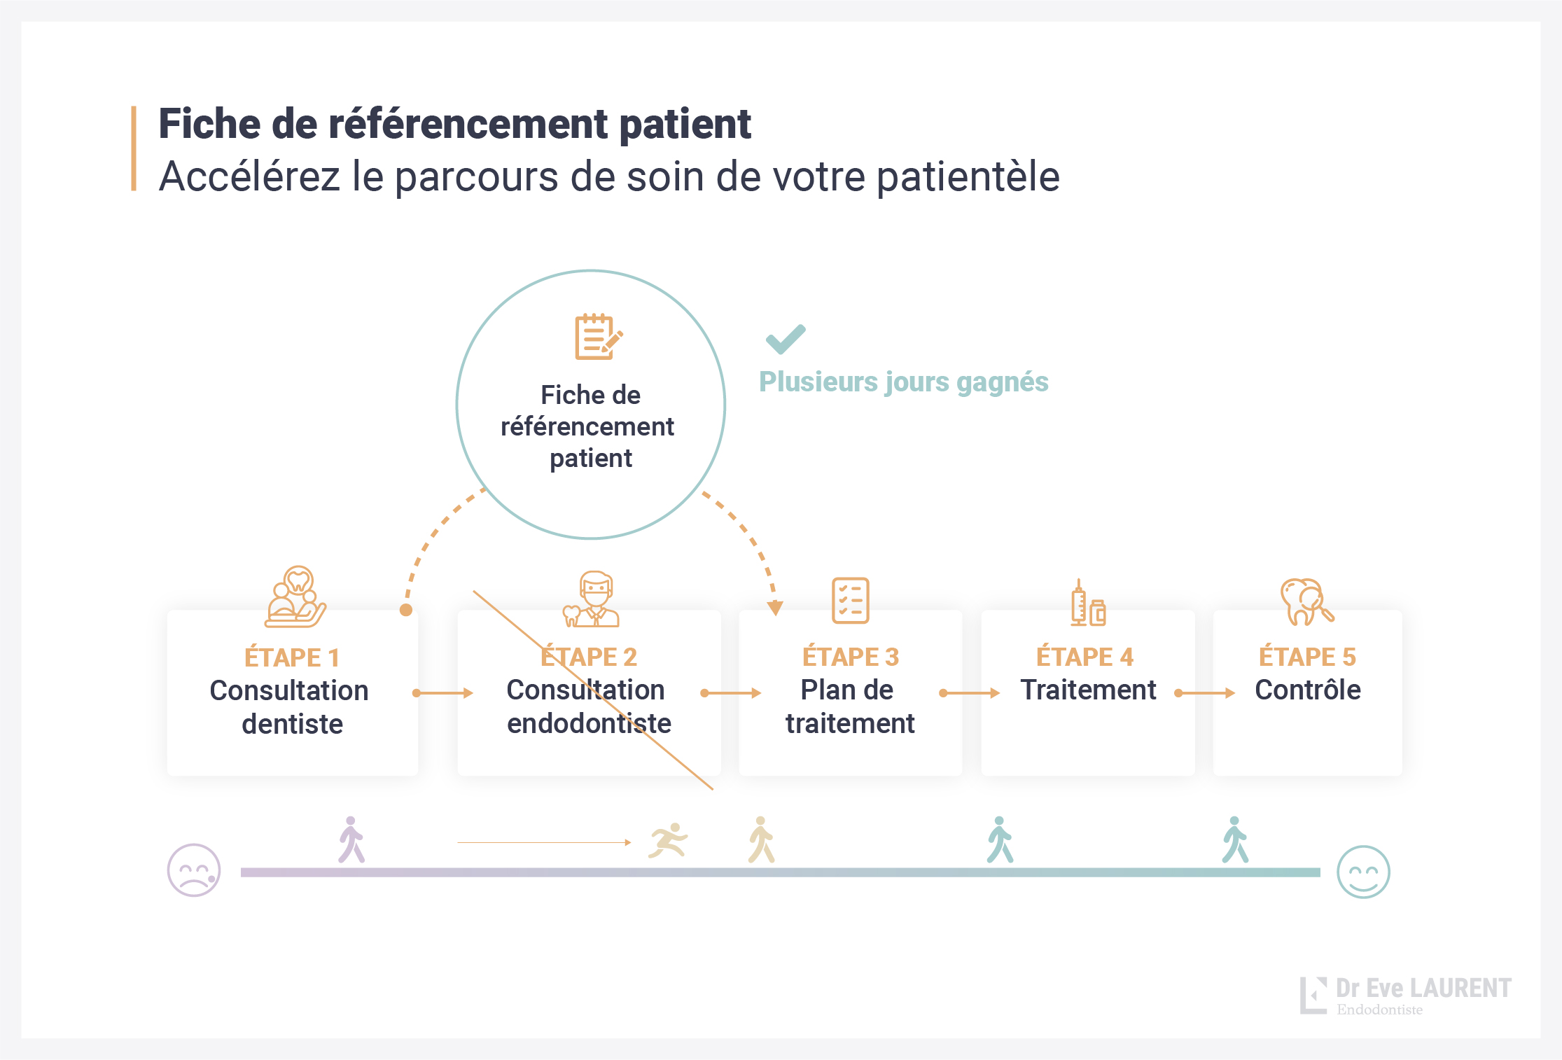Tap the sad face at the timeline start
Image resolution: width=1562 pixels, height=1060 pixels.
(x=194, y=870)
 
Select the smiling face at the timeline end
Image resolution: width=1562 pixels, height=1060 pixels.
(x=1362, y=872)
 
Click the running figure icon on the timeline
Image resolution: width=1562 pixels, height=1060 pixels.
(x=668, y=840)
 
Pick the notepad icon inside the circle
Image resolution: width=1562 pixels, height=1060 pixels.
(x=597, y=337)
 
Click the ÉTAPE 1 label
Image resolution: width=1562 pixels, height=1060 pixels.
(x=292, y=658)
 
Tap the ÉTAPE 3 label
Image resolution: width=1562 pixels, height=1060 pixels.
(x=850, y=657)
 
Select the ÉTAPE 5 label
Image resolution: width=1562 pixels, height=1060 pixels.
(x=1307, y=657)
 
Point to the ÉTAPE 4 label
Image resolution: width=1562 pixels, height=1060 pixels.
(x=1085, y=657)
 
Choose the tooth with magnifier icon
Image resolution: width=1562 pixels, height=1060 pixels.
(x=1306, y=601)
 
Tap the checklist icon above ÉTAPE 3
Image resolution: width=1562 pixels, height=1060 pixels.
(x=850, y=601)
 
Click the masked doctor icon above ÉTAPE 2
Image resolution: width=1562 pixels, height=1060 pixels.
(x=593, y=599)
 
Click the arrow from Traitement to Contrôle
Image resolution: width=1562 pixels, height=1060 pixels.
(x=1204, y=693)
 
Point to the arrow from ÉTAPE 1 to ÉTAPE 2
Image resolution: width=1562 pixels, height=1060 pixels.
(x=443, y=693)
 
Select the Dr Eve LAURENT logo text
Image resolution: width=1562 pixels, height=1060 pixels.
(x=1423, y=988)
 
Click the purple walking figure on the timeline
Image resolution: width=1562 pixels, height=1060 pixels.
(x=351, y=839)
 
